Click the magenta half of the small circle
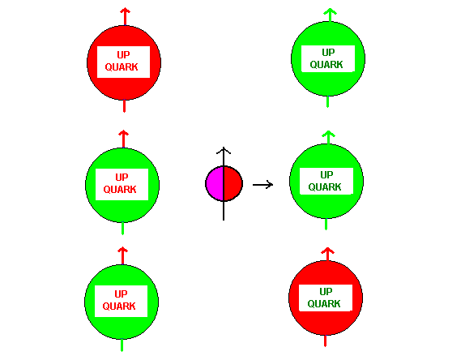tap(215, 183)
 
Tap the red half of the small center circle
tap(233, 183)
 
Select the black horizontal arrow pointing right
tap(262, 185)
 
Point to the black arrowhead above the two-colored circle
tap(224, 151)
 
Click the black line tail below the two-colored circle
tap(224, 211)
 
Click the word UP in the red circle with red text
tap(123, 55)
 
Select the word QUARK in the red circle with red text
tap(122, 67)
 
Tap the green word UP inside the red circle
tap(326, 292)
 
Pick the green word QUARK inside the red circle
tap(324, 304)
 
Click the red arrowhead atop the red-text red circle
tap(125, 12)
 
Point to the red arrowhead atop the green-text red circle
tap(328, 252)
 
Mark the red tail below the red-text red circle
tap(124, 106)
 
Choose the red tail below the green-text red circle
tap(326, 341)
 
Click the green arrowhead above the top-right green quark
tap(330, 12)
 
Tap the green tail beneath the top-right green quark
tap(328, 102)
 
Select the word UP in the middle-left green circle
tap(122, 178)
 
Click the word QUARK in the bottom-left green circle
tap(119, 306)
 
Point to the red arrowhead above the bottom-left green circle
tap(123, 251)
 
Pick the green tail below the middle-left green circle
tap(123, 228)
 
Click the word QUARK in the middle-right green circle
tap(325, 187)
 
